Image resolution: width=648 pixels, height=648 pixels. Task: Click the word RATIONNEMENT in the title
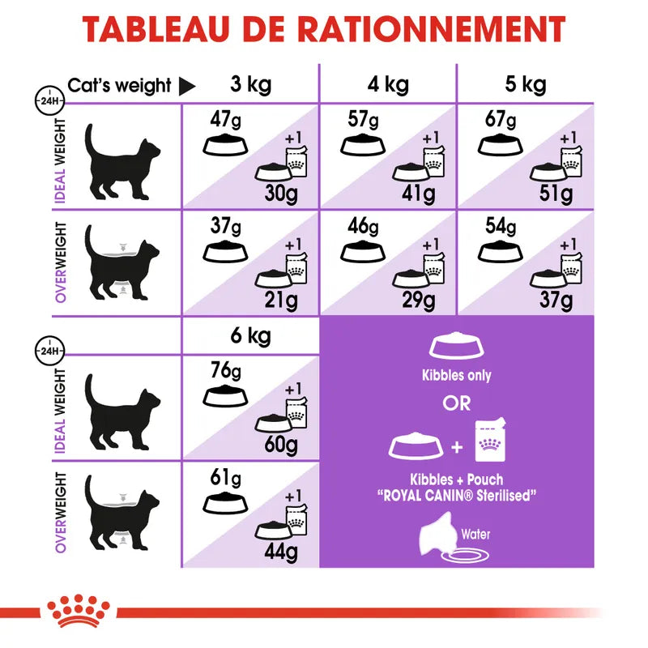point(431,29)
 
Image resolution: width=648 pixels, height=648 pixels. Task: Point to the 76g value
point(224,371)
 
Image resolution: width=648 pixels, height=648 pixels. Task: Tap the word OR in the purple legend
point(457,403)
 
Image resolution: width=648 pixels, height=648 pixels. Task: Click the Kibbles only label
point(457,376)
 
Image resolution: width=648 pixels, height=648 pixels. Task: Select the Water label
point(475,534)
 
